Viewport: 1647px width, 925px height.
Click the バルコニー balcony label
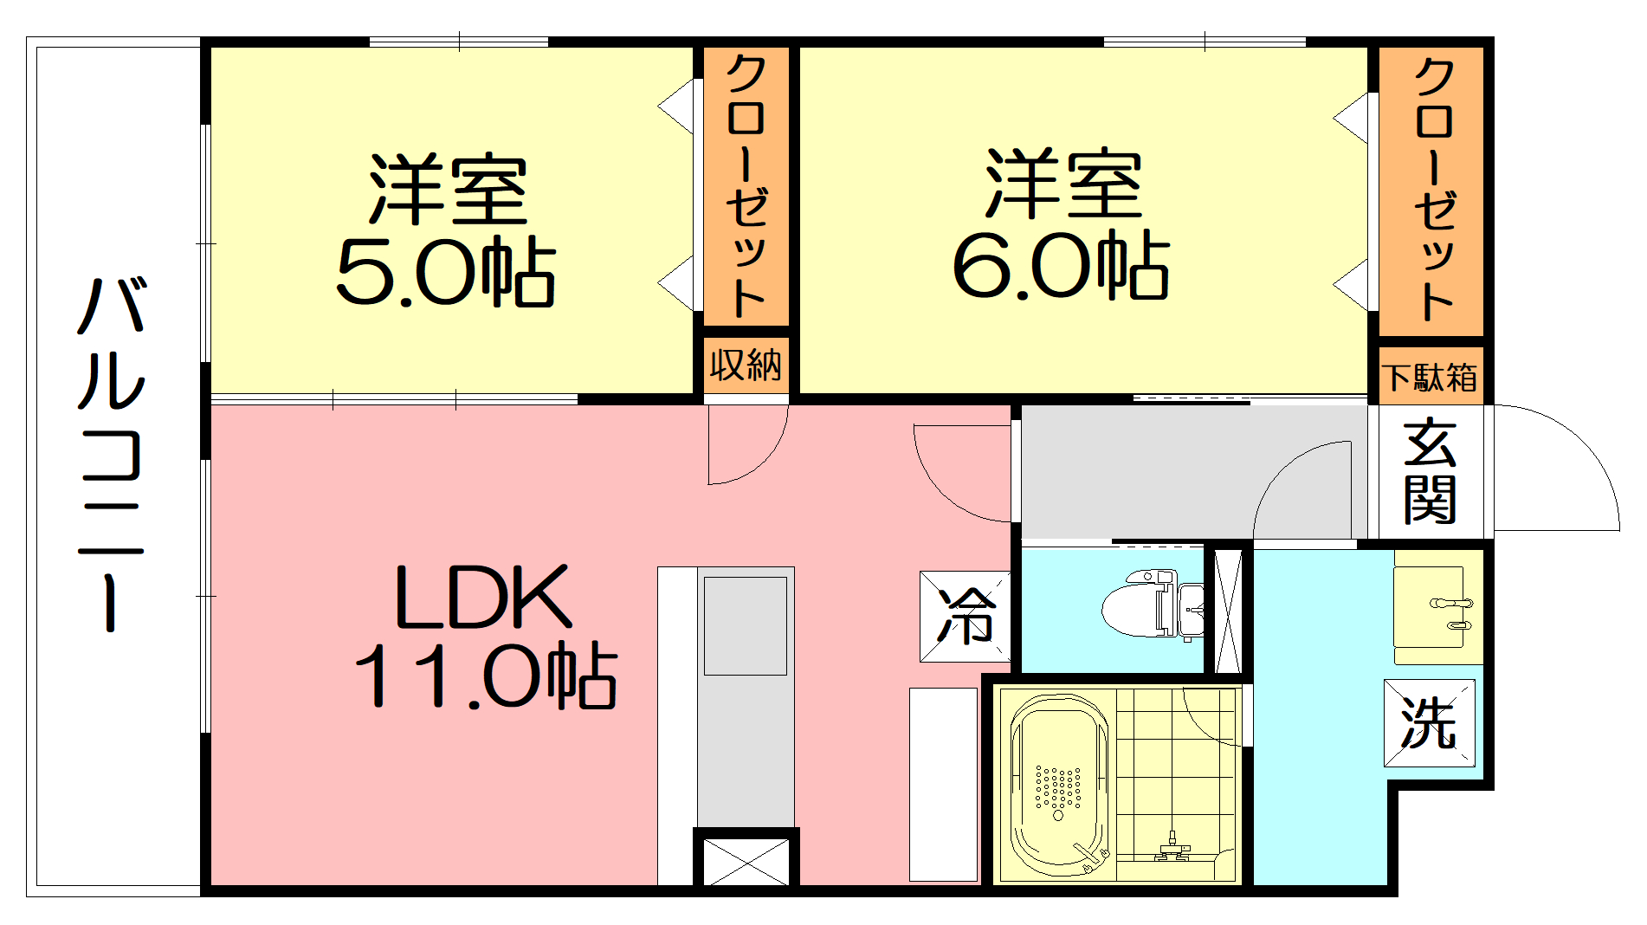(x=110, y=454)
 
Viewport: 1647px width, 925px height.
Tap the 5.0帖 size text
(x=445, y=272)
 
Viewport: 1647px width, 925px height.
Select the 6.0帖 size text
(x=1061, y=265)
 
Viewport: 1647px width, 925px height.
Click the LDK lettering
(x=482, y=597)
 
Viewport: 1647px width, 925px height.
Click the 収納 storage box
(x=746, y=365)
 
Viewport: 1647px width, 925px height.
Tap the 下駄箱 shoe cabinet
(x=1431, y=377)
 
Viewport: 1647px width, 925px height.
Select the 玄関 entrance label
(x=1430, y=472)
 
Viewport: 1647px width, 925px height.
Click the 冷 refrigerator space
(x=966, y=617)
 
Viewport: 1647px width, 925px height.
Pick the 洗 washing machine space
(x=1429, y=723)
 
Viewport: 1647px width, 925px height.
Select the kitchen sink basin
(x=745, y=625)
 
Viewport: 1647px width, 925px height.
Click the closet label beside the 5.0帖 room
(x=746, y=186)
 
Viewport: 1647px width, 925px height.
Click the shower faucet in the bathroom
(x=1172, y=847)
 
